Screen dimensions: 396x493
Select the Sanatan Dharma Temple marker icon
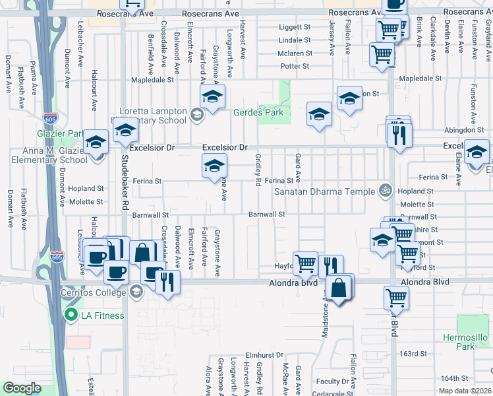click(388, 191)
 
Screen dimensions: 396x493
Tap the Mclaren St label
click(295, 53)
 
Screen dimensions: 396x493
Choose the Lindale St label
click(294, 40)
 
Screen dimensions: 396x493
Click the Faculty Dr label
click(332, 381)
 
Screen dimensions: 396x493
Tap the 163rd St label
click(413, 354)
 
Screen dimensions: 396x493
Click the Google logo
click(22, 387)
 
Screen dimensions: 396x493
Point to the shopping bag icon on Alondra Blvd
click(338, 288)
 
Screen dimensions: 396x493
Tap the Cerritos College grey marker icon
click(136, 291)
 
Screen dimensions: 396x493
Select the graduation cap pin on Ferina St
click(214, 168)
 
